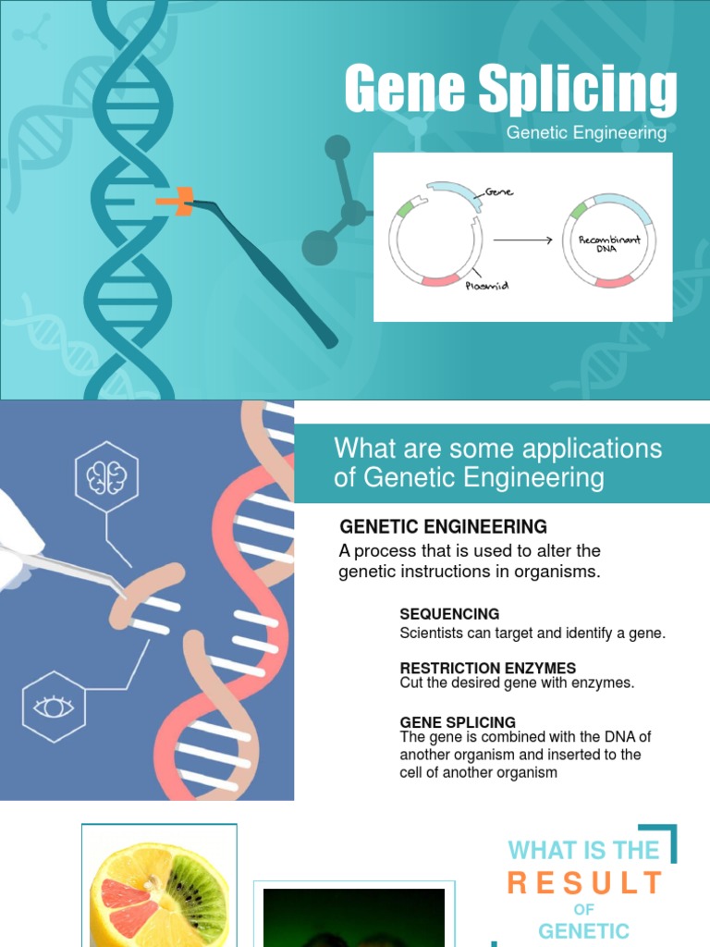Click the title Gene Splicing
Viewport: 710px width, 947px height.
pyautogui.click(x=510, y=90)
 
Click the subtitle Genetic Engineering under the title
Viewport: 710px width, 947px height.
pyautogui.click(x=586, y=133)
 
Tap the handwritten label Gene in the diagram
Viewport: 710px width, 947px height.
pyautogui.click(x=500, y=192)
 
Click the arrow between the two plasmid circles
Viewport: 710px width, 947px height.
pyautogui.click(x=522, y=240)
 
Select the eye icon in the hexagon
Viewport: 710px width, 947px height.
pyautogui.click(x=53, y=707)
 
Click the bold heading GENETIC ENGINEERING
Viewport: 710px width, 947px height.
pyautogui.click(x=444, y=527)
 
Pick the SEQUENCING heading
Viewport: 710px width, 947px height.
pyautogui.click(x=449, y=614)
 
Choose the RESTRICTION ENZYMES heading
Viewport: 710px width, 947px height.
pyautogui.click(x=487, y=668)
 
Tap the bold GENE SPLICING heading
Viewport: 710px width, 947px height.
pyautogui.click(x=458, y=721)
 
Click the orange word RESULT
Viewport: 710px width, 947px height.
pyautogui.click(x=585, y=883)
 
